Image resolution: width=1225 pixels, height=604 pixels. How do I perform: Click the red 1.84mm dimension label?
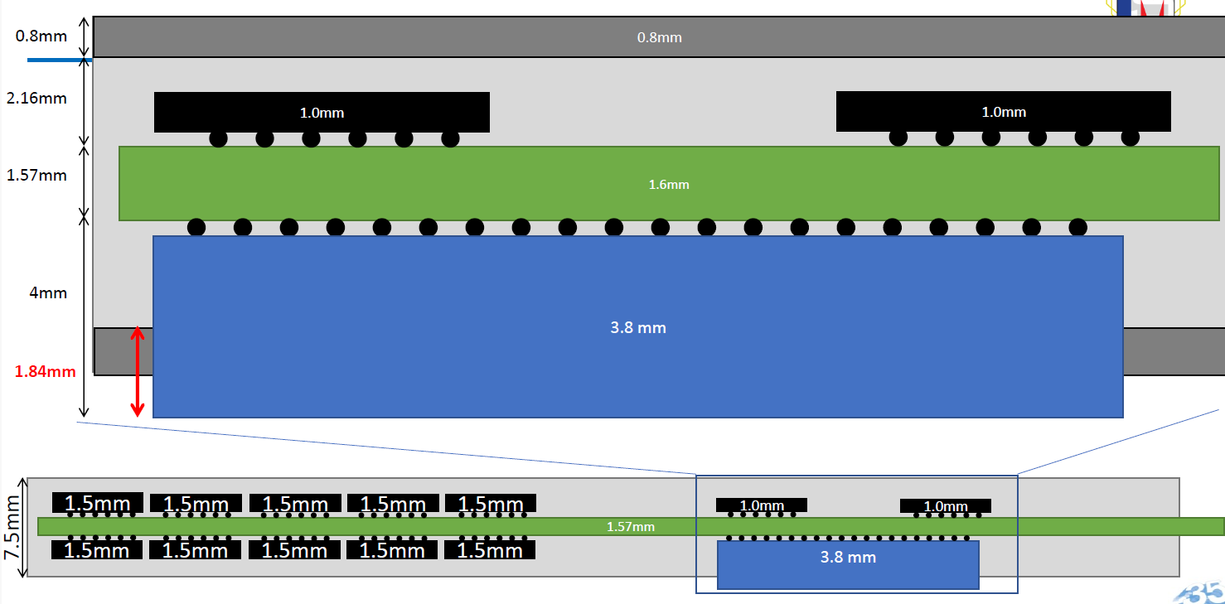[x=44, y=372]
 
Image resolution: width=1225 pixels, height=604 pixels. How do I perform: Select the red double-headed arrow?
[x=138, y=372]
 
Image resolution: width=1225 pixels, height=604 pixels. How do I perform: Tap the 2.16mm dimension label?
[x=36, y=99]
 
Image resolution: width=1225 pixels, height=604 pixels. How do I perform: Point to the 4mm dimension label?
[x=47, y=293]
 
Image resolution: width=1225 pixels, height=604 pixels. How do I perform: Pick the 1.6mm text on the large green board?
[x=669, y=185]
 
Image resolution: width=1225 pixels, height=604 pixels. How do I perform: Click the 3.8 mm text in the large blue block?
[x=638, y=328]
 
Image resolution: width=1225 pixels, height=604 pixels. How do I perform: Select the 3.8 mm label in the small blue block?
[x=848, y=558]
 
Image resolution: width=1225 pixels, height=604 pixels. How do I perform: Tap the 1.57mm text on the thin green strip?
[x=630, y=527]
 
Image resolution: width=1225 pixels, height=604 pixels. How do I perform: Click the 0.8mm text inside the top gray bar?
[x=659, y=37]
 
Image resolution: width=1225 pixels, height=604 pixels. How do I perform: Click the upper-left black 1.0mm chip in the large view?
[x=322, y=113]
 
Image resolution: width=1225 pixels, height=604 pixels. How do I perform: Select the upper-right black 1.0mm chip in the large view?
[x=1003, y=112]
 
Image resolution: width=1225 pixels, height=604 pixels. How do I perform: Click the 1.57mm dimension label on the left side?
[x=36, y=176]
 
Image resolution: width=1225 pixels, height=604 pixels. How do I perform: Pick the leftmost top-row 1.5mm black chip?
[x=98, y=503]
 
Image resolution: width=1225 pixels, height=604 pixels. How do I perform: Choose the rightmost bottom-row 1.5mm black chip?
[x=490, y=549]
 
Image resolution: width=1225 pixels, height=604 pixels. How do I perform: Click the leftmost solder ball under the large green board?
[x=196, y=227]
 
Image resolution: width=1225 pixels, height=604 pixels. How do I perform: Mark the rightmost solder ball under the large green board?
[x=1077, y=227]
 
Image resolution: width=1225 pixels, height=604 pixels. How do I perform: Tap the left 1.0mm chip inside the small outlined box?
[x=762, y=505]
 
